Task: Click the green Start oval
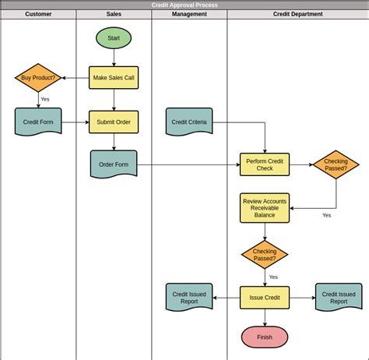114,37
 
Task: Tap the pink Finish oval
265,337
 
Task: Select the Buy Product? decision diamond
38,78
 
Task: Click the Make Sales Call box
114,78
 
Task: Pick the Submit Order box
114,122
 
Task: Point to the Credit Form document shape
38,121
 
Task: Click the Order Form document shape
114,164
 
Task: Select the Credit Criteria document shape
189,121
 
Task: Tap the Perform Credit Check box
265,164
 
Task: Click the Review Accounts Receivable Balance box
265,207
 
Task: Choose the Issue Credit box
265,297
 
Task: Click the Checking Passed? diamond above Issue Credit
265,255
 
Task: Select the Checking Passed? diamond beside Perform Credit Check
336,164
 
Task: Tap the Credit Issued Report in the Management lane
189,297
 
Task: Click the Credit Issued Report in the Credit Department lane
339,297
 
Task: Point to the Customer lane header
38,14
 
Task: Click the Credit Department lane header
297,14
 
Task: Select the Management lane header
189,14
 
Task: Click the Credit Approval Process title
184,5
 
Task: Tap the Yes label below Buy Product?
44,99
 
